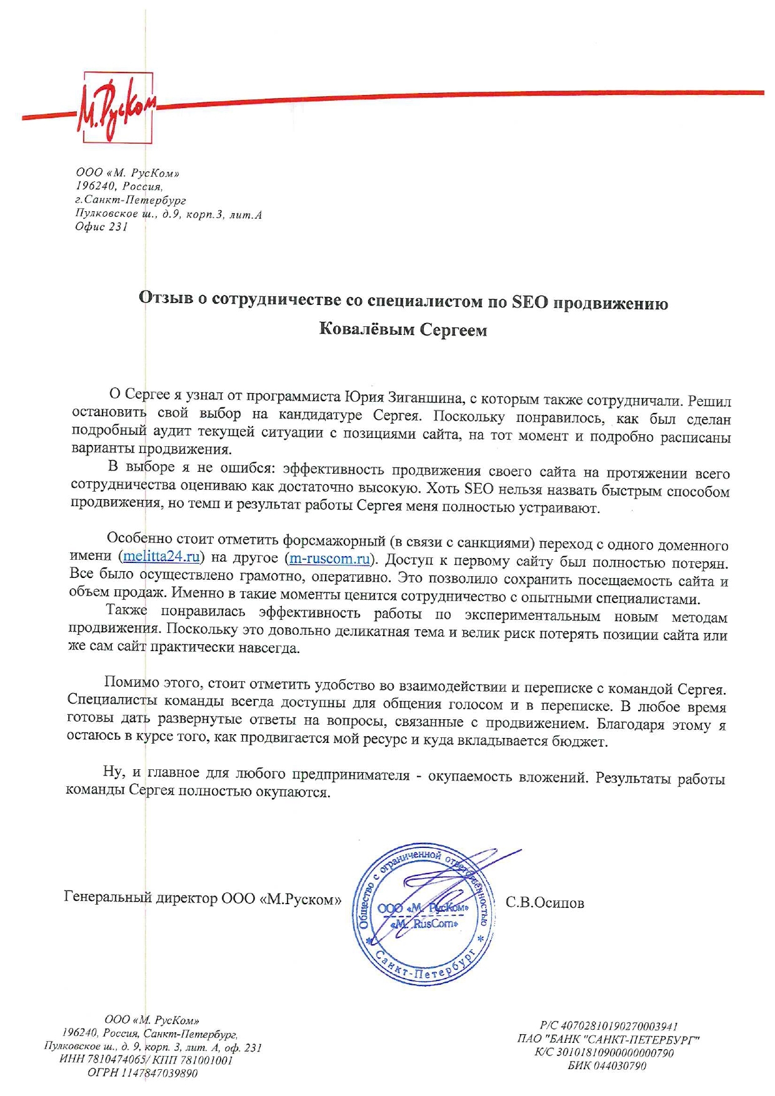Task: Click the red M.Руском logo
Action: pyautogui.click(x=116, y=109)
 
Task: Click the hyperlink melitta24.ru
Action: pyautogui.click(x=161, y=555)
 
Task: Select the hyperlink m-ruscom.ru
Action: pyautogui.click(x=330, y=558)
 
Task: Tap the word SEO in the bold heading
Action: pyautogui.click(x=529, y=303)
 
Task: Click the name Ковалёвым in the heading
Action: pyautogui.click(x=365, y=329)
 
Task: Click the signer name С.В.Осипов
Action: pyautogui.click(x=544, y=903)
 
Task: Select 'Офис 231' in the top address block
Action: pyautogui.click(x=101, y=227)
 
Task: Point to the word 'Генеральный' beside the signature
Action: pyautogui.click(x=107, y=898)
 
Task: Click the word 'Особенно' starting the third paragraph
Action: pyautogui.click(x=136, y=538)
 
